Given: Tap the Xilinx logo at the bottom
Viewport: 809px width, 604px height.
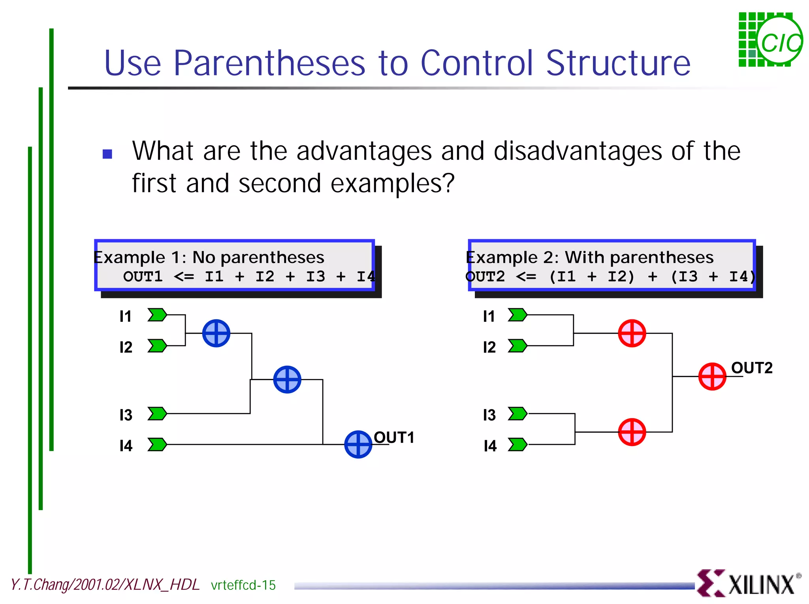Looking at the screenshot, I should pyautogui.click(x=748, y=583).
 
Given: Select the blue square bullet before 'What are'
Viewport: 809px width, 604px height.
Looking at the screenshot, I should pyautogui.click(x=107, y=154).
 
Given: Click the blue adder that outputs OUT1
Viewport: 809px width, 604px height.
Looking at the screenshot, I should pyautogui.click(x=358, y=444).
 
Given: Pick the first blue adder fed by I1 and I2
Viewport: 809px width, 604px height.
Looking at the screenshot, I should pyautogui.click(x=216, y=333).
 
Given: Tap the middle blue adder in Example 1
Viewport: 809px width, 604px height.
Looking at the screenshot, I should pyautogui.click(x=287, y=379).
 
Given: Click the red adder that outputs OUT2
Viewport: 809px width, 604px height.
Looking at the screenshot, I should pyautogui.click(x=712, y=376).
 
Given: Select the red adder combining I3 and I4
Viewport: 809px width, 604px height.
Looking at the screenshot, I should pyautogui.click(x=632, y=432).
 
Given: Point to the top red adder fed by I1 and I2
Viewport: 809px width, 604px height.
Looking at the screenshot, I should pyautogui.click(x=632, y=333).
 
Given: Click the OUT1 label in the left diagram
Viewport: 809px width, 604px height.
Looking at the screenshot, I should pyautogui.click(x=394, y=437).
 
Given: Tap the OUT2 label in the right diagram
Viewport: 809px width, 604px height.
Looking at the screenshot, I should pyautogui.click(x=751, y=368).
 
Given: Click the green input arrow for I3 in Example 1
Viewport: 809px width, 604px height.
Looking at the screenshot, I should pyautogui.click(x=157, y=413).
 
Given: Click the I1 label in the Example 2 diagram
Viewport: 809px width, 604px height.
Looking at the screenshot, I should pyautogui.click(x=489, y=316).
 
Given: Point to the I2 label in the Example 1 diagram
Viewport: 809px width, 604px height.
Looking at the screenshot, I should pyautogui.click(x=126, y=347).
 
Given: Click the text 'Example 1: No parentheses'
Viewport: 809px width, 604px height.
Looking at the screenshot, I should pyautogui.click(x=209, y=257).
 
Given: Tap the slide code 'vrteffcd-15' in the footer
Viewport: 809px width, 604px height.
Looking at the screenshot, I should pyautogui.click(x=243, y=585).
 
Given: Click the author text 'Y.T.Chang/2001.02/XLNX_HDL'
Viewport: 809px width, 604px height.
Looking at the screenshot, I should pyautogui.click(x=105, y=585).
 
